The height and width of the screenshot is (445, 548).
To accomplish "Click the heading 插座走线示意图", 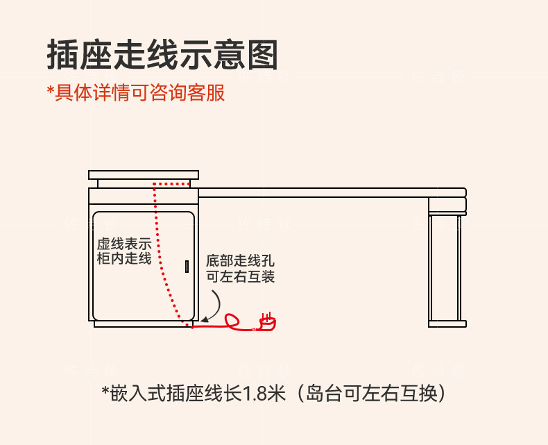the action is tap(162, 55).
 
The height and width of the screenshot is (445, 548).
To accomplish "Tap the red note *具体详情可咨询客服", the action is tap(136, 93).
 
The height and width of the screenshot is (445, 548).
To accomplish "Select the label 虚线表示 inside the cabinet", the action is tap(124, 244).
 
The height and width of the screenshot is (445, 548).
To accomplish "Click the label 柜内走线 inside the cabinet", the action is tap(124, 259).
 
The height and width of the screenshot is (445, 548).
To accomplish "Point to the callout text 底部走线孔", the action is tap(240, 261).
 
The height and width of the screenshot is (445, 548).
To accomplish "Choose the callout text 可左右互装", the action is tap(240, 276).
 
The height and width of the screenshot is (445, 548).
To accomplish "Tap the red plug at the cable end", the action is tap(267, 321).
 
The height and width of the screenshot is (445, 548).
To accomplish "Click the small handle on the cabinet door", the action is tap(186, 266).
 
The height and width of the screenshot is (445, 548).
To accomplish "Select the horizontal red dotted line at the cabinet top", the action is tap(171, 185).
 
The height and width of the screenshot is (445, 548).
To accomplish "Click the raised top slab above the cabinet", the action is tap(144, 174).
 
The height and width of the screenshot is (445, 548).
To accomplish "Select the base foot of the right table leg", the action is tap(447, 324).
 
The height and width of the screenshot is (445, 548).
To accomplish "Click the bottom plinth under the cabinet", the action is tap(142, 324).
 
